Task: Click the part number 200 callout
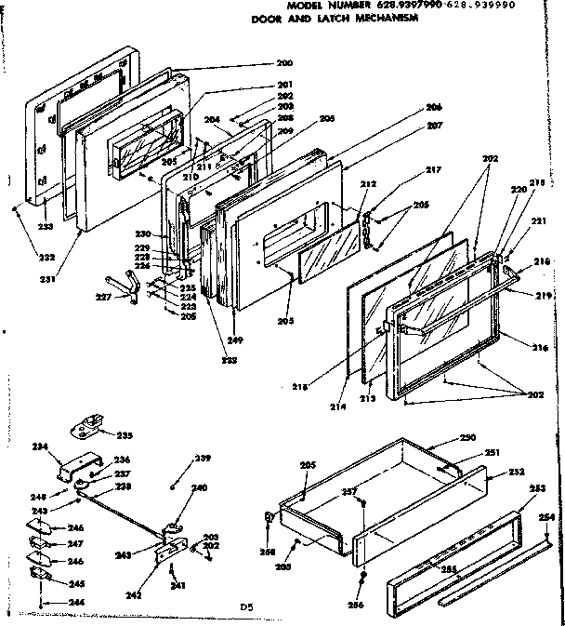click(284, 63)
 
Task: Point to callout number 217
click(407, 169)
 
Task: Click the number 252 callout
click(516, 473)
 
